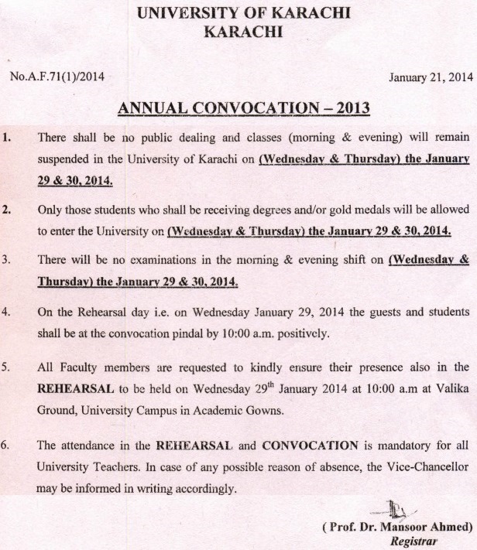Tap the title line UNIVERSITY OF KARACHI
[x=238, y=13]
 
